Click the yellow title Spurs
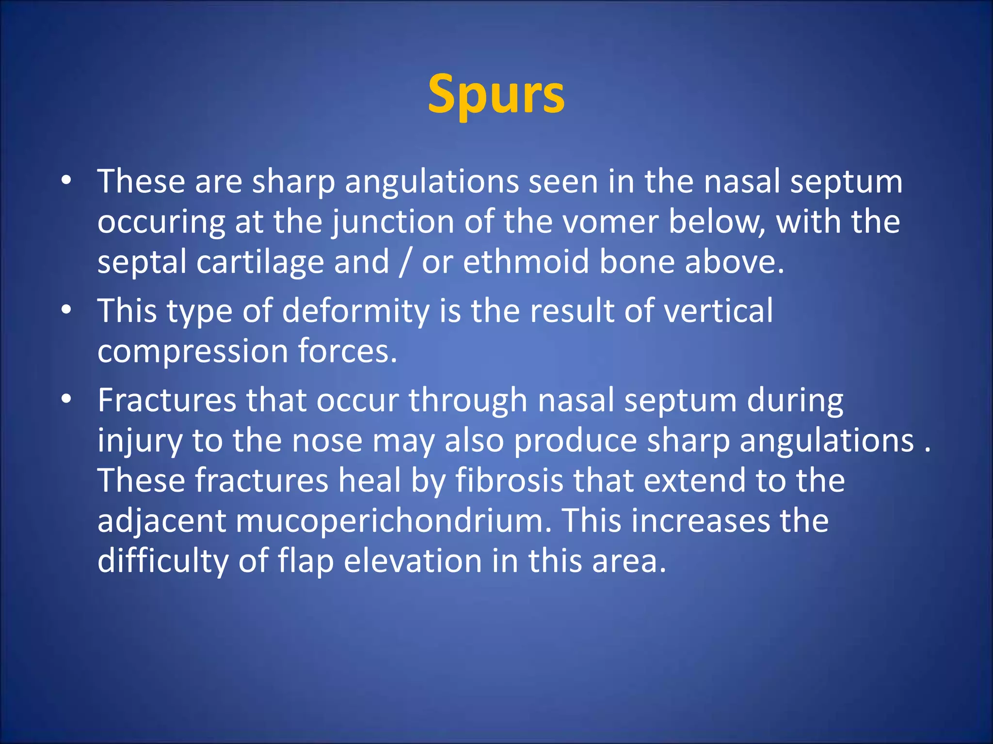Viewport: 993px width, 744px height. (x=496, y=94)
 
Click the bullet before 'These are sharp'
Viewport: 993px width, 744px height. (x=66, y=181)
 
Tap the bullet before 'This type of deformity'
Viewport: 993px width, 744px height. (x=66, y=310)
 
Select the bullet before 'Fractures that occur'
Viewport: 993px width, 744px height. (x=66, y=400)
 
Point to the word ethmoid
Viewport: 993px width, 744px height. (x=526, y=262)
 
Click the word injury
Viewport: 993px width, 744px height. (x=139, y=441)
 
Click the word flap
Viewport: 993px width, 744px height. (x=305, y=562)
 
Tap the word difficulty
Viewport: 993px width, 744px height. (x=162, y=562)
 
